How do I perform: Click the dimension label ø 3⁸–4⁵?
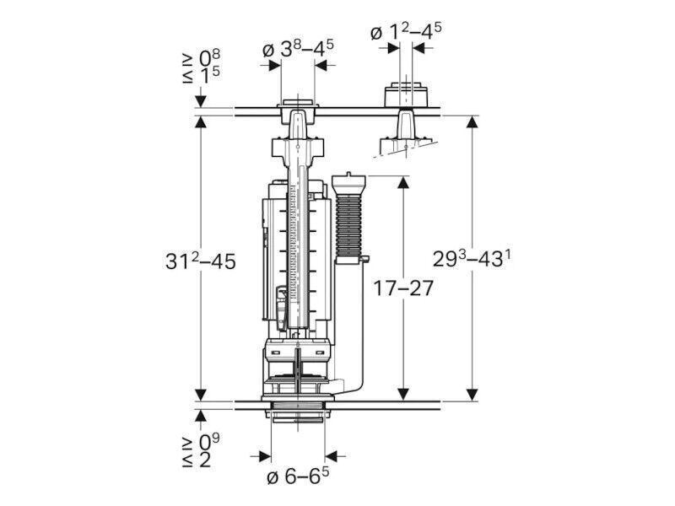(298, 49)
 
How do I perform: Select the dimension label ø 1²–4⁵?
(406, 31)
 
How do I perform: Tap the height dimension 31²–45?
(201, 261)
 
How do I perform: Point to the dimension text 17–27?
(402, 288)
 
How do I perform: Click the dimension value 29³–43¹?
(472, 259)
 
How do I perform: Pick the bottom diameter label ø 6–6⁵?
(298, 476)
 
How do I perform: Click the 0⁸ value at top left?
(209, 57)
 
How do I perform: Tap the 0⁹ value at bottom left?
(209, 441)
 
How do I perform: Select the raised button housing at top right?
(406, 94)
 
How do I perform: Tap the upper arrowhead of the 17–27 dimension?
(403, 182)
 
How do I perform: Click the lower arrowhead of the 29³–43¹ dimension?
(472, 395)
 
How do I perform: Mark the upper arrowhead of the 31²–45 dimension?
(201, 122)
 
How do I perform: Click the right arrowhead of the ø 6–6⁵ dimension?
(332, 456)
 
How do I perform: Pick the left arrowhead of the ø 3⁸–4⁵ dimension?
(274, 66)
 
